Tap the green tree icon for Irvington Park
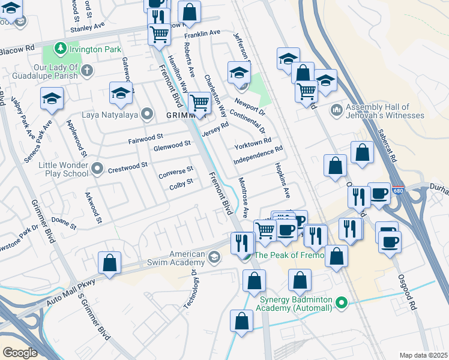(60, 47)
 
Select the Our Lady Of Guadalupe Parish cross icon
(87, 71)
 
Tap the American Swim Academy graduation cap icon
(214, 258)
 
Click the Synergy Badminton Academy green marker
(342, 303)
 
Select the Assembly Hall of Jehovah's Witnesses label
(376, 111)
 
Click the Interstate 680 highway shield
(397, 190)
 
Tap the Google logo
(19, 353)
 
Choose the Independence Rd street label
(258, 155)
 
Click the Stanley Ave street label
(87, 27)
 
